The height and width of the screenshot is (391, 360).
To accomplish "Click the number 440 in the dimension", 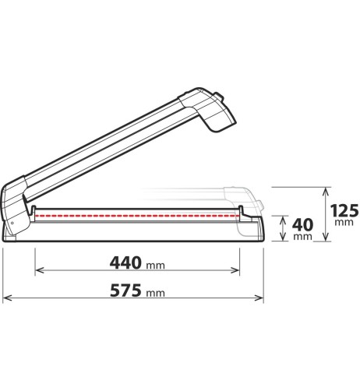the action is (125, 262).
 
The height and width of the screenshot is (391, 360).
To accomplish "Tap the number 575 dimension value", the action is (125, 291).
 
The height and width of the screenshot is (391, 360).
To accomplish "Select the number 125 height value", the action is (344, 210).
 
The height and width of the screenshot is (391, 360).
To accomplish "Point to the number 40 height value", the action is (302, 225).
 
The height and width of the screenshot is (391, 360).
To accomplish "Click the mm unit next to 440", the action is (155, 266).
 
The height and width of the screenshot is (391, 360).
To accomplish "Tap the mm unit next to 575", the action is (155, 293).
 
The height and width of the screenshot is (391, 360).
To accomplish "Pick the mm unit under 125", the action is (344, 222).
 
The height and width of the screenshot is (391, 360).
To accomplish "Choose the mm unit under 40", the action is (302, 237).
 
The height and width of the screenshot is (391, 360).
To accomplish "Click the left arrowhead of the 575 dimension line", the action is (6, 298).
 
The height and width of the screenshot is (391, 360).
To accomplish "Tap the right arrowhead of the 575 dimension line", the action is (259, 298).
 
